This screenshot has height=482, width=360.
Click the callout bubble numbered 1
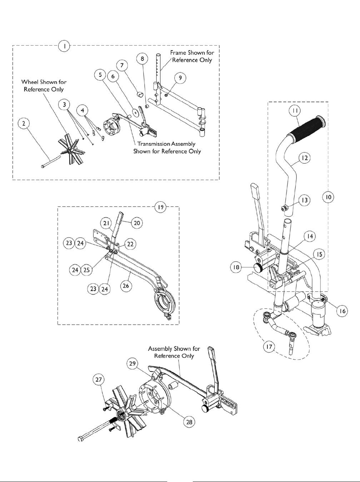pos(64,46)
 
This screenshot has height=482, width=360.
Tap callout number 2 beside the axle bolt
pos(24,123)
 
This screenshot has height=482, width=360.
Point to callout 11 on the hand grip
pos(294,111)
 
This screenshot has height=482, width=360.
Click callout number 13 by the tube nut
pos(304,201)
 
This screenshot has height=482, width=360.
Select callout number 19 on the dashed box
pos(161,207)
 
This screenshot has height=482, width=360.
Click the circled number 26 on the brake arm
pos(126,286)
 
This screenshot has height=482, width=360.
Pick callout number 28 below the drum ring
pos(190,422)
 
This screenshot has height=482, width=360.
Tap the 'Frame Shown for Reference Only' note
pos(192,56)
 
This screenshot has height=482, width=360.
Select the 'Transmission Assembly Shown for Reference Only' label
pos(167,147)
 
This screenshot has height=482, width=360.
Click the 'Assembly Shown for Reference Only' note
pos(174,352)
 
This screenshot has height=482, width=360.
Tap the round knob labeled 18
pos(259,267)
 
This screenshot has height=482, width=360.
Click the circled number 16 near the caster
pos(342,311)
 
